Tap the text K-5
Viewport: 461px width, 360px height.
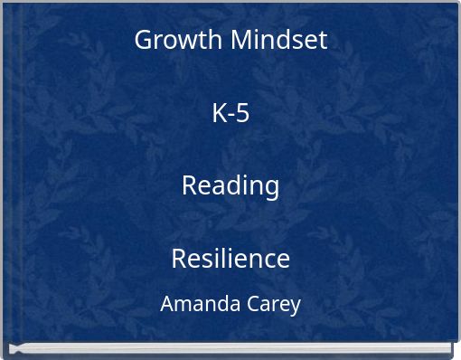tap(230, 113)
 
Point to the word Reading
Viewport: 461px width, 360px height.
tap(230, 185)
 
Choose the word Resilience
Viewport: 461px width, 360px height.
tap(230, 259)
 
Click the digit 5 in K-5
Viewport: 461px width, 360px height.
tap(242, 113)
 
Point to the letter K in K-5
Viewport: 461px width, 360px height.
tap(219, 113)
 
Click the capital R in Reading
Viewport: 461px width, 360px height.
tap(189, 185)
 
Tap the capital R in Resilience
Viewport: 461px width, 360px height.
tap(178, 259)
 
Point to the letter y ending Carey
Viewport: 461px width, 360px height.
tap(295, 307)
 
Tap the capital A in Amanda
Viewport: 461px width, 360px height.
tap(168, 304)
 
